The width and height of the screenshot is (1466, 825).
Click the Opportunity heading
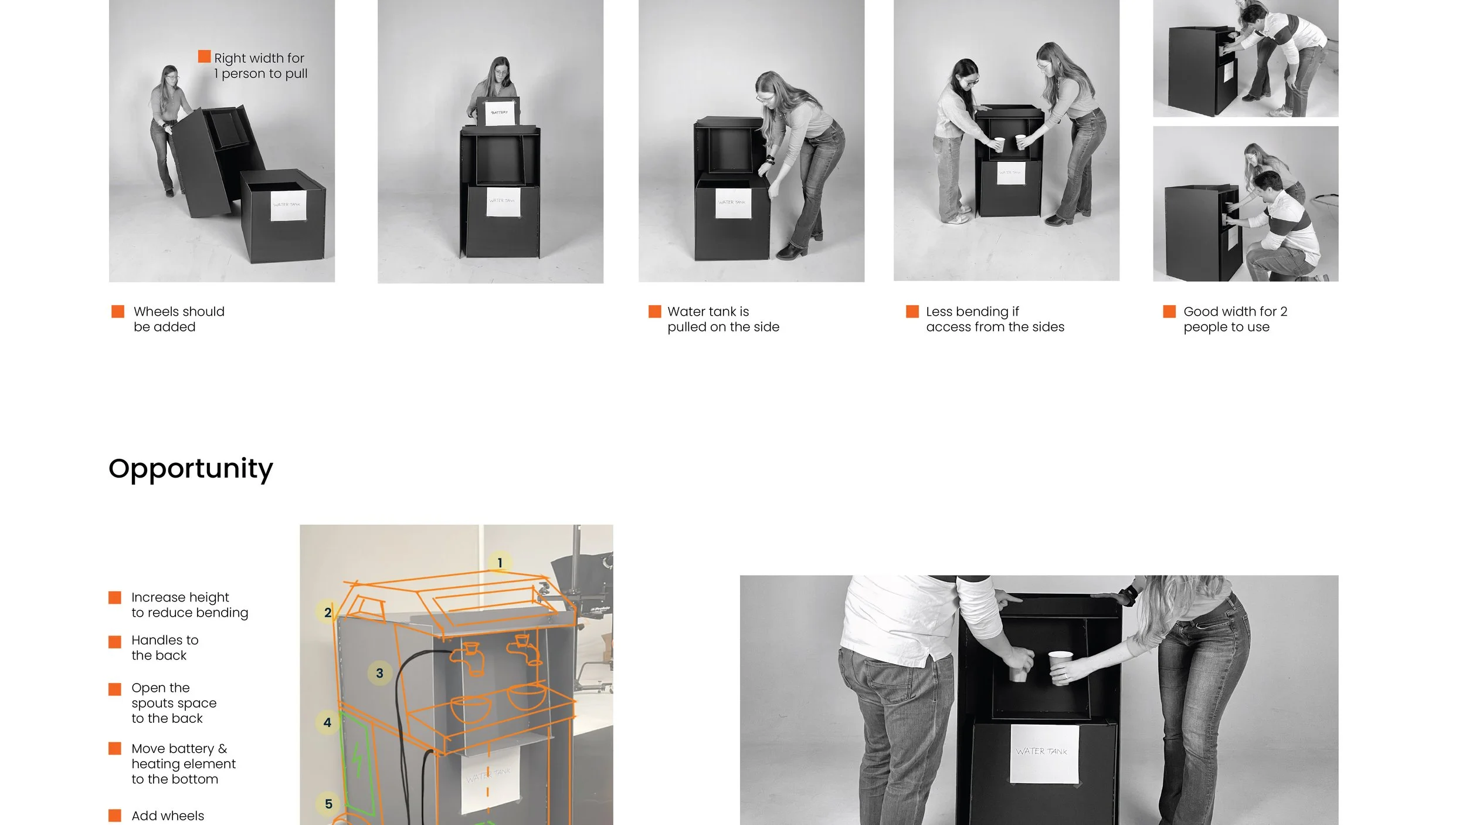point(191,468)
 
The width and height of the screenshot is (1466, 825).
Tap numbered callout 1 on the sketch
point(500,563)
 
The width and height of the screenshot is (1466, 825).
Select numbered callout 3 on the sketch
point(379,673)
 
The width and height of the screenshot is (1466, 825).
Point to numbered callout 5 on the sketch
point(328,804)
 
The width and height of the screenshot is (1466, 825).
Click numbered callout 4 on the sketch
point(327,722)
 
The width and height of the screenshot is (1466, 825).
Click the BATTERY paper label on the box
point(500,112)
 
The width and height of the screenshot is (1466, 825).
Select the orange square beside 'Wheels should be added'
point(118,312)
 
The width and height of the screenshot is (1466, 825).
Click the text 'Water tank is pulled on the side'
point(722,319)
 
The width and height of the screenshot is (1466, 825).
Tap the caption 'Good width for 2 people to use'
point(1234,319)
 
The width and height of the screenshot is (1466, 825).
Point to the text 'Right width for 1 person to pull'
point(260,66)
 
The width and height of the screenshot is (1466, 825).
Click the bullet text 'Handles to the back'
point(164,648)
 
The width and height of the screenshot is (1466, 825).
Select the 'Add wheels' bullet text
point(168,816)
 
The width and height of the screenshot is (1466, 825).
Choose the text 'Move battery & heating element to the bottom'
point(183,763)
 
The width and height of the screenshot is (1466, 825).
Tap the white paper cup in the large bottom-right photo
point(1060,666)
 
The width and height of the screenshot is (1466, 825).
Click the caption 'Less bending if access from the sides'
point(995,319)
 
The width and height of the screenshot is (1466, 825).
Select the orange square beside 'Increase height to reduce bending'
point(115,598)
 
